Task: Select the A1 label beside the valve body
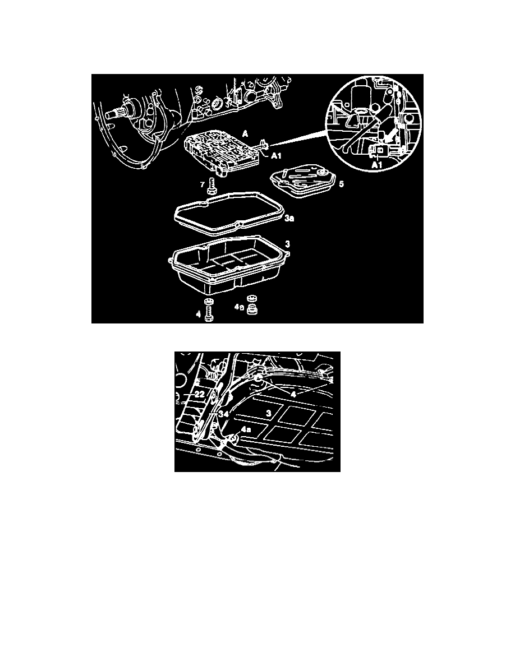tap(278, 156)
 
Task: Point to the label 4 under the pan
tap(198, 315)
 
